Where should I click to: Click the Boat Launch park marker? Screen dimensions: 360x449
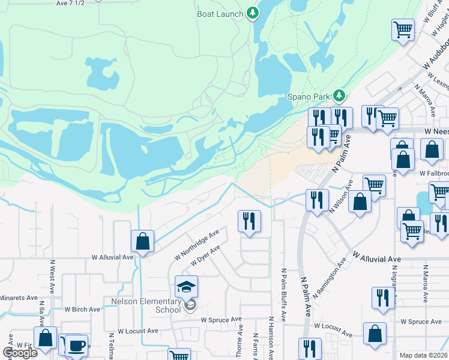[x=253, y=13]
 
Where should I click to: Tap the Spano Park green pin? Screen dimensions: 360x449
[x=340, y=95]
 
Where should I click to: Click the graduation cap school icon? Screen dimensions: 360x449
[x=186, y=287]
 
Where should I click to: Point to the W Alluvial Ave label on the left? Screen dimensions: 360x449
[x=112, y=257]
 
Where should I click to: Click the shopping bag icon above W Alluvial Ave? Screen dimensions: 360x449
[x=143, y=242]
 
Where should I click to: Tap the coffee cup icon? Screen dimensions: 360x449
[x=76, y=346]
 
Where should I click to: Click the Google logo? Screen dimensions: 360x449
[x=19, y=352]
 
